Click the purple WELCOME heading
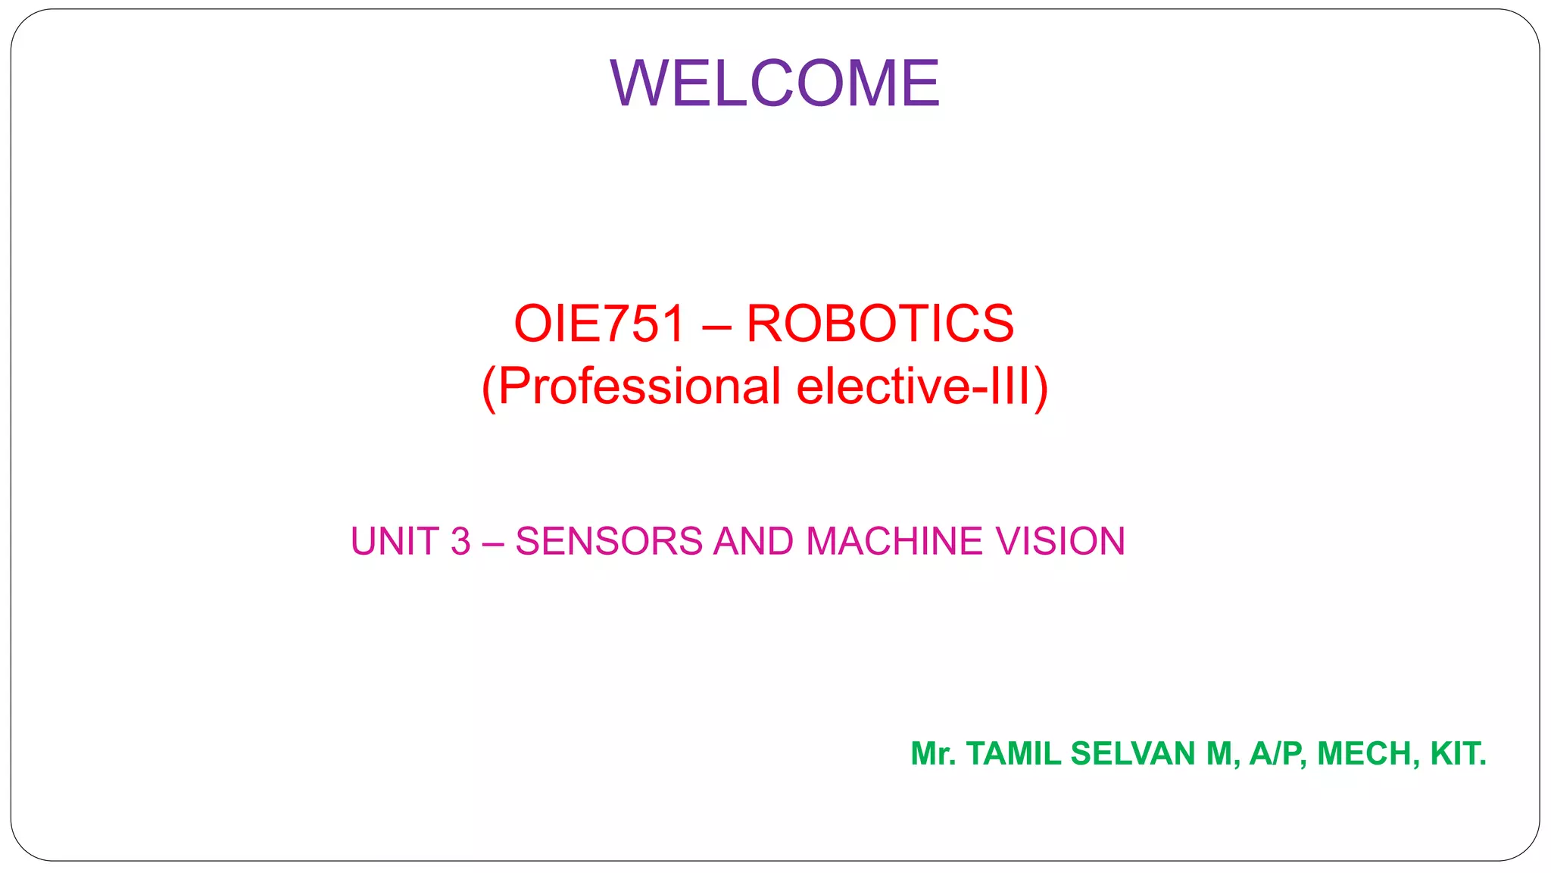775,83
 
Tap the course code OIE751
599,324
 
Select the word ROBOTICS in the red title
880,324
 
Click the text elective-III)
922,386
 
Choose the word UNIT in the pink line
395,542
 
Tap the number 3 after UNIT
460,542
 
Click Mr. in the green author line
933,754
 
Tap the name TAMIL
1014,754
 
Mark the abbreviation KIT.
1458,754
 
